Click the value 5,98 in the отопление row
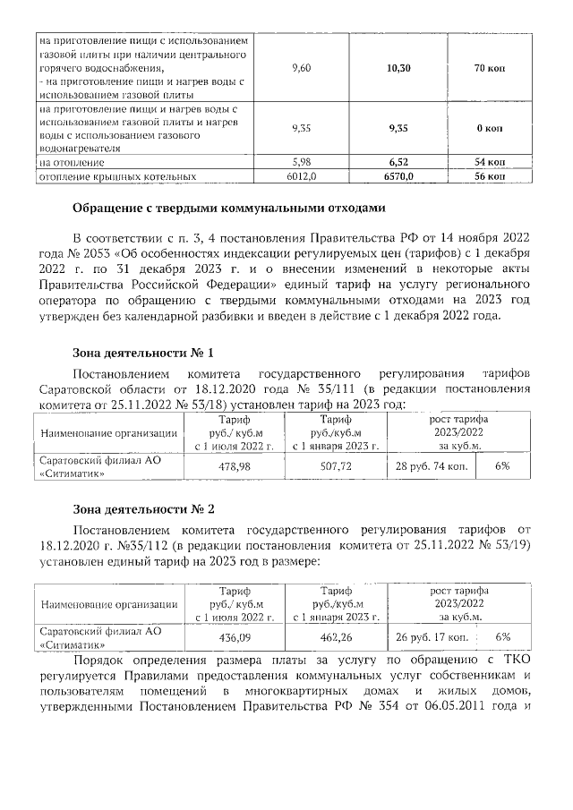tap(301, 163)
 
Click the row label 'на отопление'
tap(72, 163)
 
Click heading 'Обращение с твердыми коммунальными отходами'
tap(230, 210)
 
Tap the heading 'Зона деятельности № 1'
tap(142, 353)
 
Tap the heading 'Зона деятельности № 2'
tap(142, 510)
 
